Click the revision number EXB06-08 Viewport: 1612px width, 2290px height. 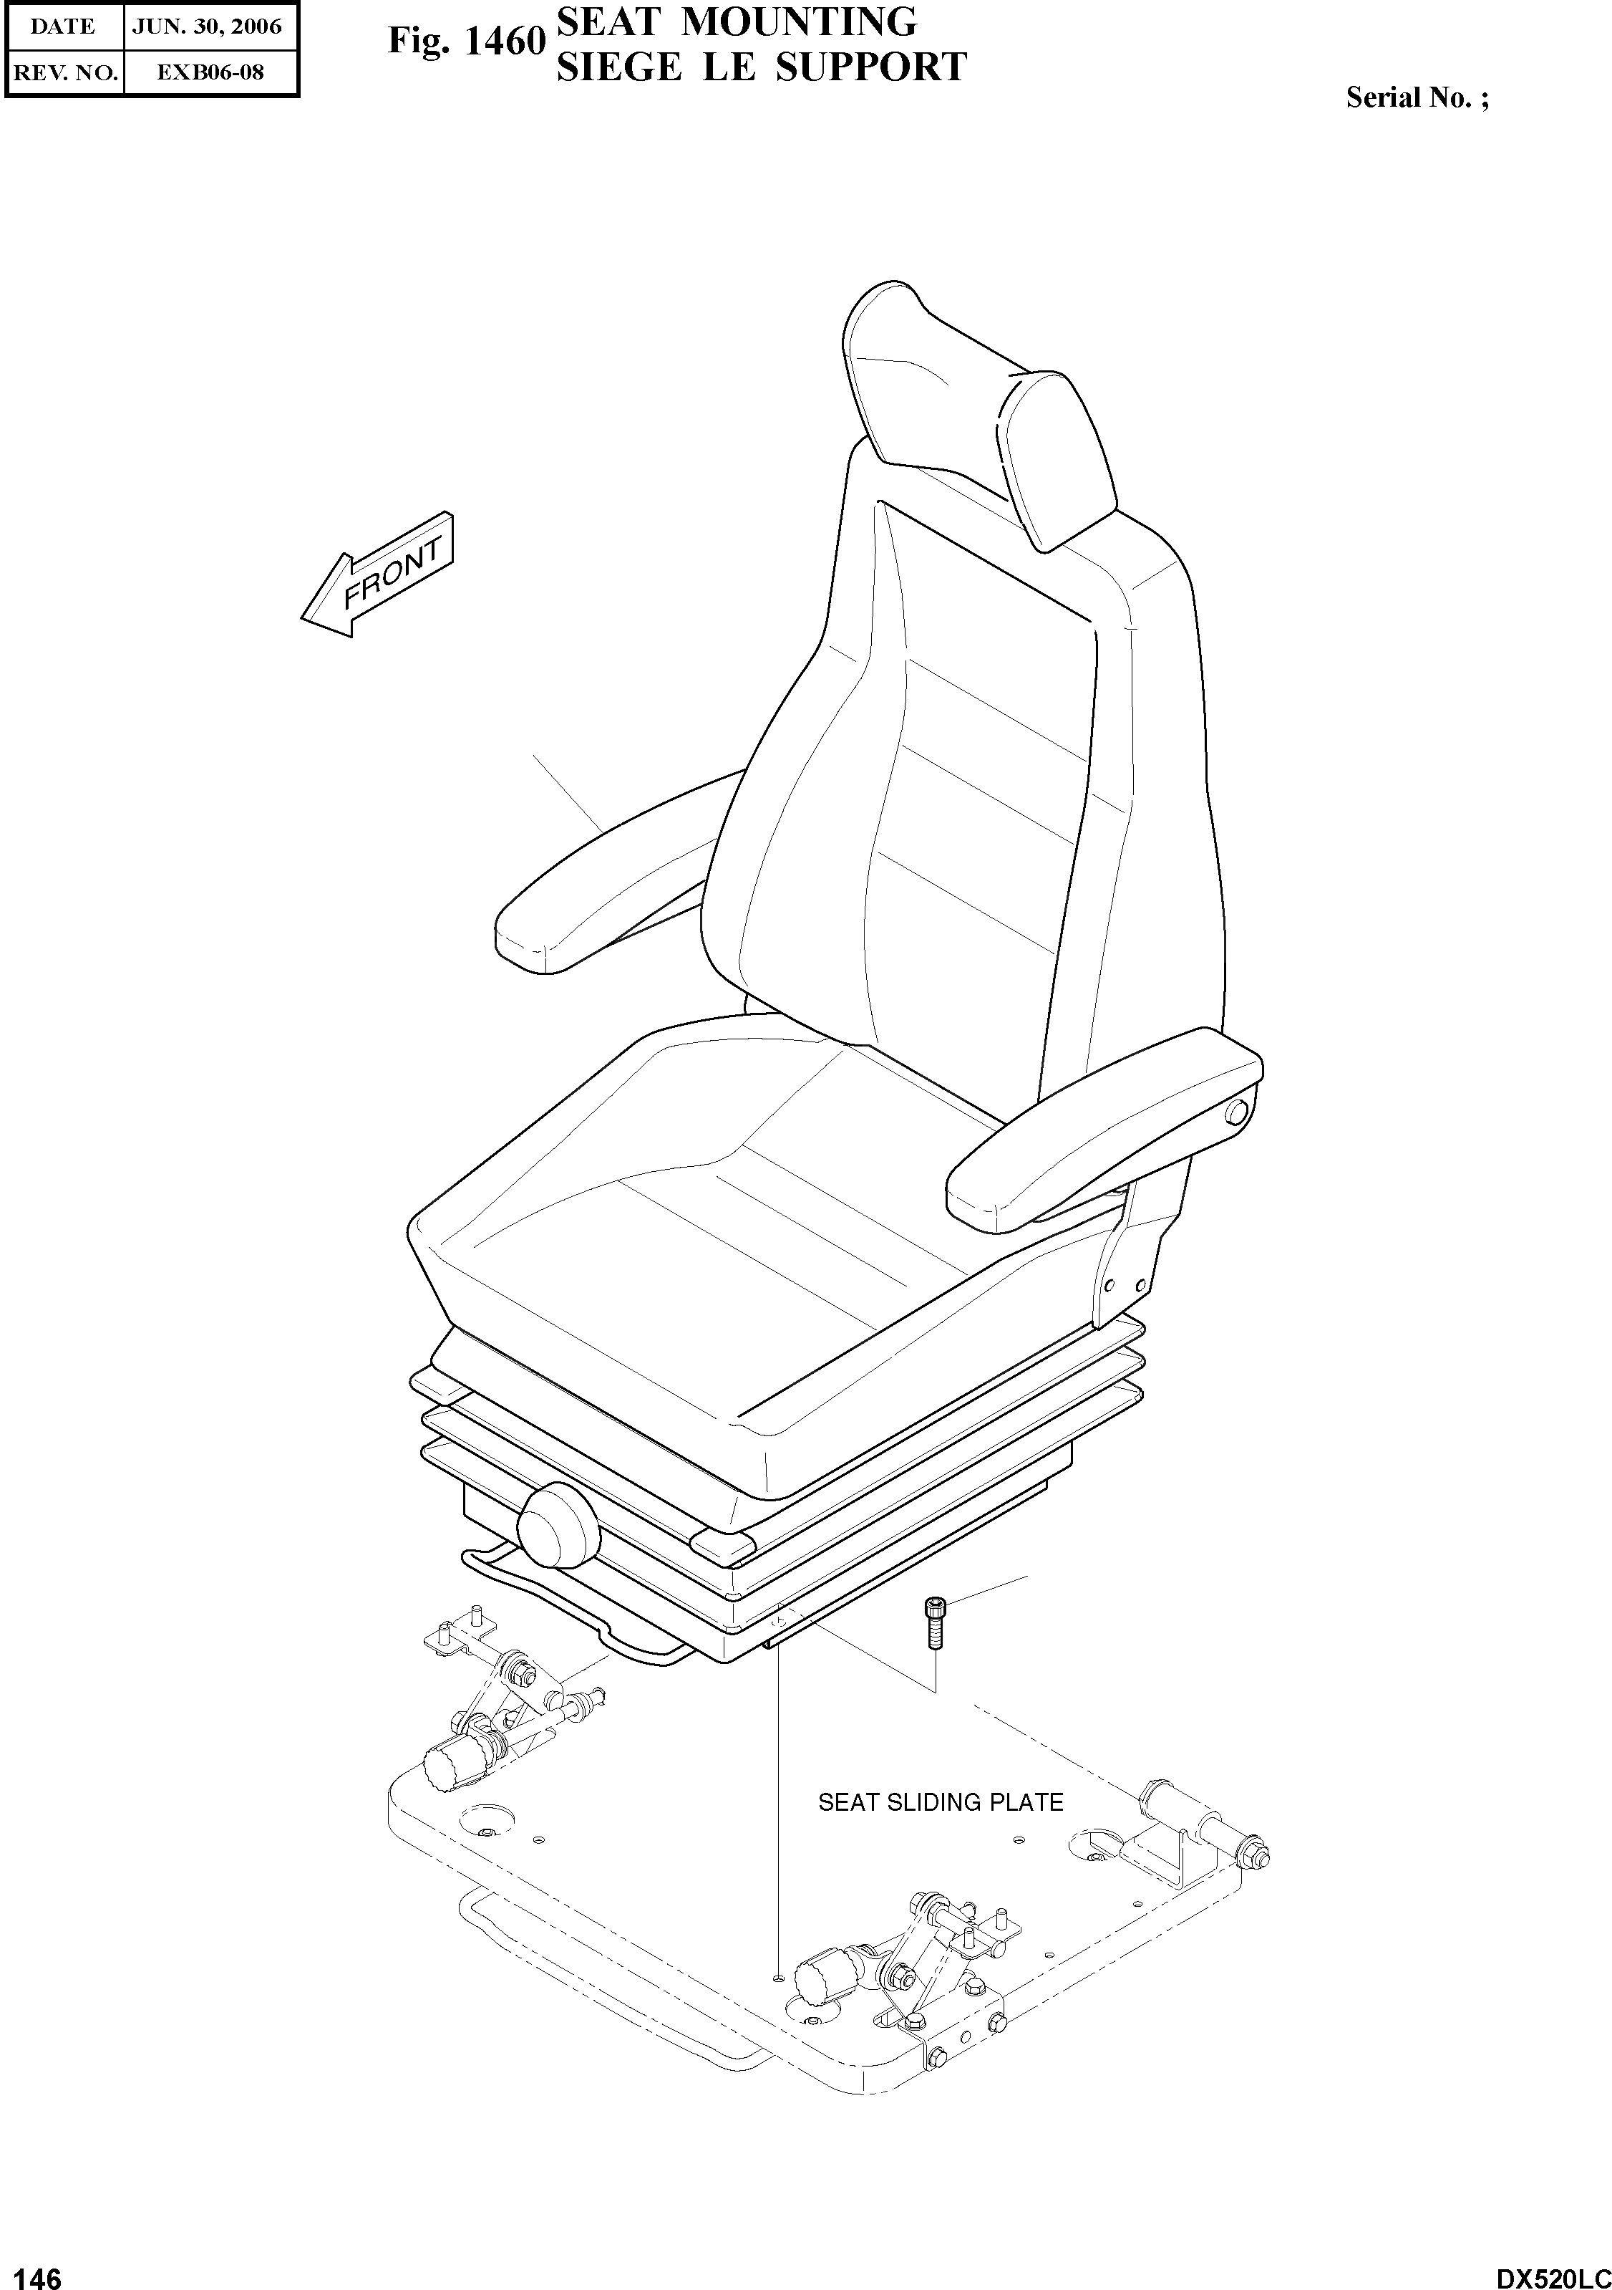(x=210, y=72)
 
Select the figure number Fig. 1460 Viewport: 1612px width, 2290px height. (x=465, y=42)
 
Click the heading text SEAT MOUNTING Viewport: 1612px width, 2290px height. (x=736, y=21)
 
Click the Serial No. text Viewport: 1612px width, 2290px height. (x=1417, y=97)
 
